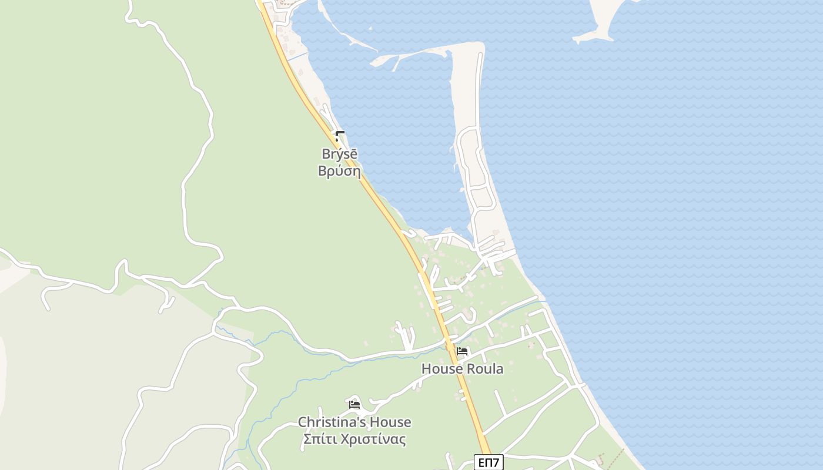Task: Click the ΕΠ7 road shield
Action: [489, 463]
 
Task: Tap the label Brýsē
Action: [339, 154]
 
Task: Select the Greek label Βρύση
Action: [339, 171]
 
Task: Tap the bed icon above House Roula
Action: [462, 352]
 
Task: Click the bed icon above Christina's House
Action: [354, 404]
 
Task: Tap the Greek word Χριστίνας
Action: [372, 439]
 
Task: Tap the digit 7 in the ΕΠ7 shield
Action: [496, 463]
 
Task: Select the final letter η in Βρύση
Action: [356, 172]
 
